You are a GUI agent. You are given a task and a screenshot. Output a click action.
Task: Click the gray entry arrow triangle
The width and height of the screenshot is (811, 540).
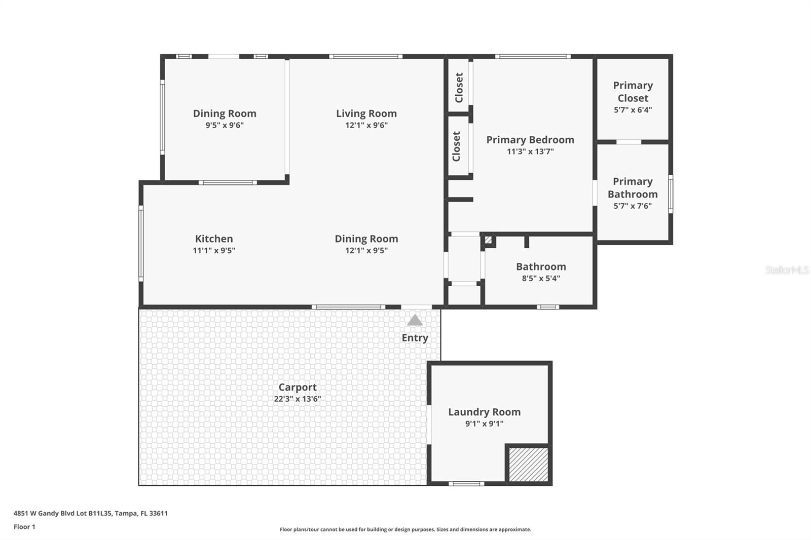[415, 320]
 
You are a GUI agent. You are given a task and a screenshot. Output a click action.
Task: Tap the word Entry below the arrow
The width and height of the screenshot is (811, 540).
[415, 338]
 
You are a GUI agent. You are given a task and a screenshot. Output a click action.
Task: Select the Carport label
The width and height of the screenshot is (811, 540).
[298, 388]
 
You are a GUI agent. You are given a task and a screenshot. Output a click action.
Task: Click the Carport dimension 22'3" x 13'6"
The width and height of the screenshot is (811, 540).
[298, 399]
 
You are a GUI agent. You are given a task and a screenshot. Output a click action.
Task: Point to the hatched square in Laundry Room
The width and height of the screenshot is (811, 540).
[528, 465]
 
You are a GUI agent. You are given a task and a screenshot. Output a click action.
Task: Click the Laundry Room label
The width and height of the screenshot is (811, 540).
[484, 412]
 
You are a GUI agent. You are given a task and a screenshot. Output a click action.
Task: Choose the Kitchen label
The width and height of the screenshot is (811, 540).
[214, 239]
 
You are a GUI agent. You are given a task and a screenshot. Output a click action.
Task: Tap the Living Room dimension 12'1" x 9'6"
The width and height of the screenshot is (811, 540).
[366, 126]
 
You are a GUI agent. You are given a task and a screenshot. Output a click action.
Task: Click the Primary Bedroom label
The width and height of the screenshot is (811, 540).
[530, 140]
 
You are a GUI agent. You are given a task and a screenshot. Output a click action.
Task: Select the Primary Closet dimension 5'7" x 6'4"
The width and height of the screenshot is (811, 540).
[633, 110]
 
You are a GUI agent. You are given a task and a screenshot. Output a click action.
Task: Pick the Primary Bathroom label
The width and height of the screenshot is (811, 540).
[633, 188]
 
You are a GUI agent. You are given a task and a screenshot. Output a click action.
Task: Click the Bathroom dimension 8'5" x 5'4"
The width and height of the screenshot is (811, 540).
[541, 279]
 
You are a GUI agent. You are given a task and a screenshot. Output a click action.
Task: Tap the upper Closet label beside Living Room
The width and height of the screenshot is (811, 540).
[459, 87]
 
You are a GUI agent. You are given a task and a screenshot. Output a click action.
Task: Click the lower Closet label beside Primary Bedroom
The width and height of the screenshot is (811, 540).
[456, 146]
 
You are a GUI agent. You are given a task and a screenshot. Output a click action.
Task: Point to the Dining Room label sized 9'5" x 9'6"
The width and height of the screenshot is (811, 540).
[225, 114]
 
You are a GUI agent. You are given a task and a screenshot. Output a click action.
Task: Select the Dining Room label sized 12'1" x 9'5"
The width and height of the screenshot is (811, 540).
[366, 239]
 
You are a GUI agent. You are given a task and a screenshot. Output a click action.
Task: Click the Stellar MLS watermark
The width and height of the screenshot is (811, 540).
[787, 270]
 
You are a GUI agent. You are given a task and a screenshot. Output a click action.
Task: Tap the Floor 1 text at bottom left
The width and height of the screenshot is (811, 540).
[24, 527]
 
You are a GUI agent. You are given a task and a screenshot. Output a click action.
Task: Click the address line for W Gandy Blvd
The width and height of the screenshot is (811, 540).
[90, 513]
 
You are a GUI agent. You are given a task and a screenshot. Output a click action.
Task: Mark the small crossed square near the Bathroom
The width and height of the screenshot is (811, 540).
[488, 240]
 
